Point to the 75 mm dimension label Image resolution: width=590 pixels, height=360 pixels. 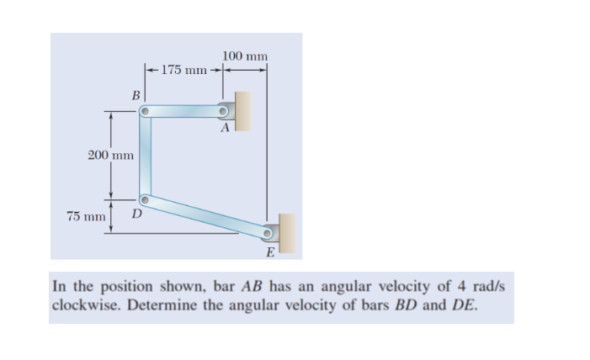[x=86, y=216]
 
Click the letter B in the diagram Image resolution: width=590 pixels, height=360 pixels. [x=135, y=95]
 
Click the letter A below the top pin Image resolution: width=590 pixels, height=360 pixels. [x=224, y=130]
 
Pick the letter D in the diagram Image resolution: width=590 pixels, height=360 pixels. [x=136, y=216]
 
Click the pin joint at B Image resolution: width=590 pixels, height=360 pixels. [x=145, y=110]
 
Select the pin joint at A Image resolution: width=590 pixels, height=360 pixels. [x=225, y=110]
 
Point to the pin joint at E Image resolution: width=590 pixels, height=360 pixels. [x=268, y=233]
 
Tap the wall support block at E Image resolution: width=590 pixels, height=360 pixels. [x=288, y=233]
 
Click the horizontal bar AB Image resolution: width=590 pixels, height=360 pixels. [x=185, y=110]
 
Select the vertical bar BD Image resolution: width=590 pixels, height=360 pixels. [x=145, y=156]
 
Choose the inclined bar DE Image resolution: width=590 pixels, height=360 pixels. [x=206, y=216]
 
